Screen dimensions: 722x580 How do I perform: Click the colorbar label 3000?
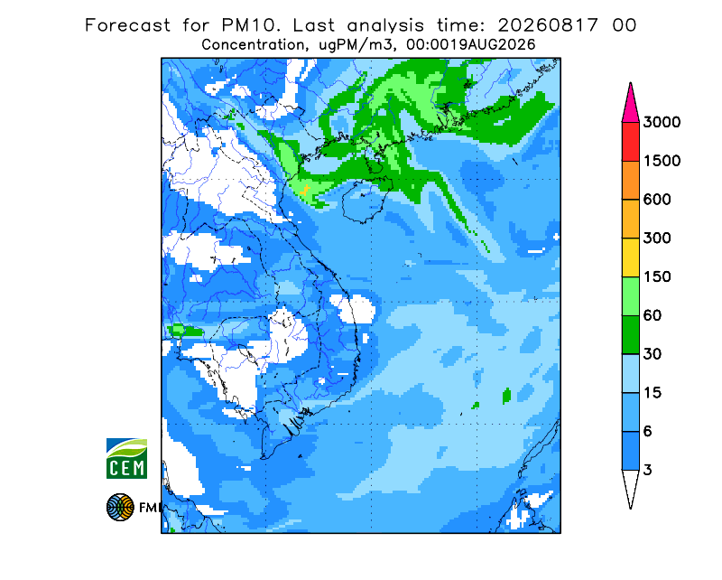[x=662, y=122]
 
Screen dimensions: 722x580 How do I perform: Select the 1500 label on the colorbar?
[x=662, y=161]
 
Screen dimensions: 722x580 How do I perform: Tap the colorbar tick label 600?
[x=657, y=200]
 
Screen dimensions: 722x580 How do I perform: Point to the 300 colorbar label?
[x=657, y=239]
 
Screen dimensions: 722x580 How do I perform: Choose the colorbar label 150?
[x=657, y=277]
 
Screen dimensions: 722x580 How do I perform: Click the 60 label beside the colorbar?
[x=653, y=316]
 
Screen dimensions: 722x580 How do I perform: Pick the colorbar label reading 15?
[x=653, y=393]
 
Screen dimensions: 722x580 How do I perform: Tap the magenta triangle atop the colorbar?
[x=630, y=106]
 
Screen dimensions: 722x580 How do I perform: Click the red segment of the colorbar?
[x=630, y=142]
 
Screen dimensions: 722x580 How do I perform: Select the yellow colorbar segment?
[x=630, y=257]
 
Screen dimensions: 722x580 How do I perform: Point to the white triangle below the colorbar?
[x=630, y=486]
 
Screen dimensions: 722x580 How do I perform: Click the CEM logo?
[x=126, y=458]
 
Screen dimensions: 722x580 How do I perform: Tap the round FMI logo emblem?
[x=120, y=507]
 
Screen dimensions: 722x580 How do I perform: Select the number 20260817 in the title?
[x=548, y=25]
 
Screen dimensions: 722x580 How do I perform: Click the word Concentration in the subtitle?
[x=253, y=45]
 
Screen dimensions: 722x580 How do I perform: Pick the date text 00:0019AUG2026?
[x=470, y=45]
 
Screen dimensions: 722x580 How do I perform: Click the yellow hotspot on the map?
[x=304, y=190]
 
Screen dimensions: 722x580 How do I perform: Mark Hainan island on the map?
[x=367, y=201]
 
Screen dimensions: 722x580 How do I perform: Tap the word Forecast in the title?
[x=127, y=25]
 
